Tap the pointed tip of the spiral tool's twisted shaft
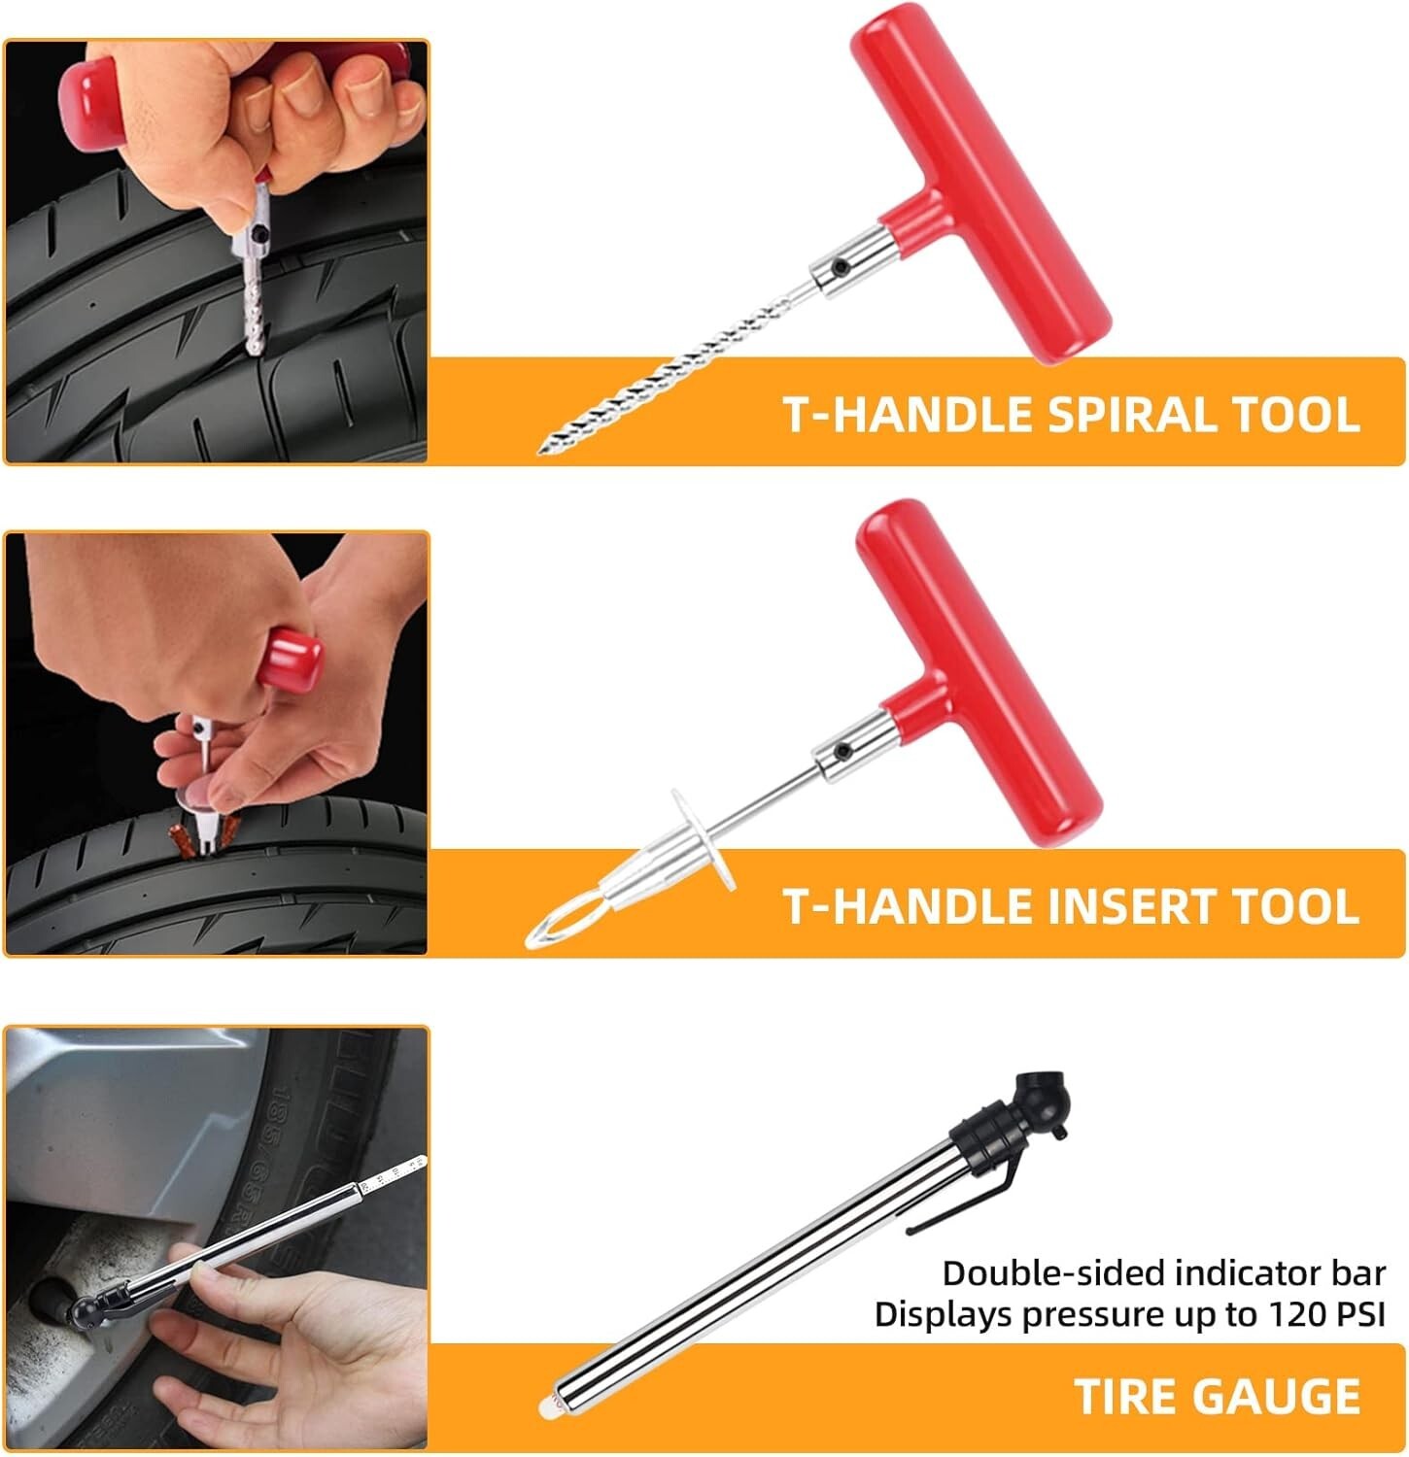tap(541, 449)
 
